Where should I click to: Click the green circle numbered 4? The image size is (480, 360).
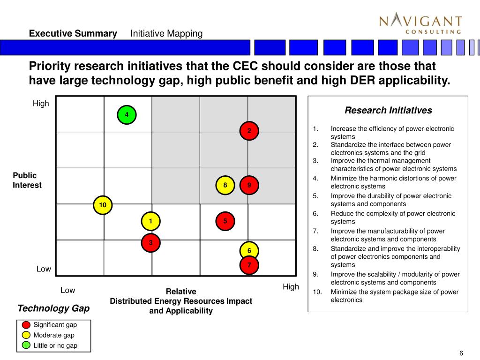[x=127, y=115]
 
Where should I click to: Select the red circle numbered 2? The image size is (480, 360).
[x=249, y=130]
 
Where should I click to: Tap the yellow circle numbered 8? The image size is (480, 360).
[x=225, y=185]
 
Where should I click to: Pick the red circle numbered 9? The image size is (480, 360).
[x=249, y=185]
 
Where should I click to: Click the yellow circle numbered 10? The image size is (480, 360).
[x=103, y=205]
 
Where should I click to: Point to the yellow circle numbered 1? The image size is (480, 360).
[x=150, y=221]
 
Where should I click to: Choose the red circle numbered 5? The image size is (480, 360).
[x=225, y=221]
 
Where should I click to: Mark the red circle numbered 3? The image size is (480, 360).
[x=150, y=242]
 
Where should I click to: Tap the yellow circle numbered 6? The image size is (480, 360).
[x=249, y=251]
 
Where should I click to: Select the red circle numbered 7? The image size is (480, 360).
[x=249, y=265]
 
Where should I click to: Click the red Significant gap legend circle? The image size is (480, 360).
[x=26, y=325]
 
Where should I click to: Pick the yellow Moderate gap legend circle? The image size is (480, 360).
[x=26, y=335]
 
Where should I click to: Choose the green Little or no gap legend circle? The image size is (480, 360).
[x=26, y=345]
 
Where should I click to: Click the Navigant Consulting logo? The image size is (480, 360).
[x=420, y=24]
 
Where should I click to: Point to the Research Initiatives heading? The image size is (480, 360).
[x=388, y=111]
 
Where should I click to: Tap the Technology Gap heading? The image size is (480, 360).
[x=53, y=308]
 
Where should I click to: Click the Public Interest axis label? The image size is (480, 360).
[x=27, y=180]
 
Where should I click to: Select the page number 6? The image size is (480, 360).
[x=461, y=353]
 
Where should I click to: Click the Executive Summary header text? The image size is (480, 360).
[x=73, y=34]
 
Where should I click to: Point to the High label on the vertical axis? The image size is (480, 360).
[x=41, y=104]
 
